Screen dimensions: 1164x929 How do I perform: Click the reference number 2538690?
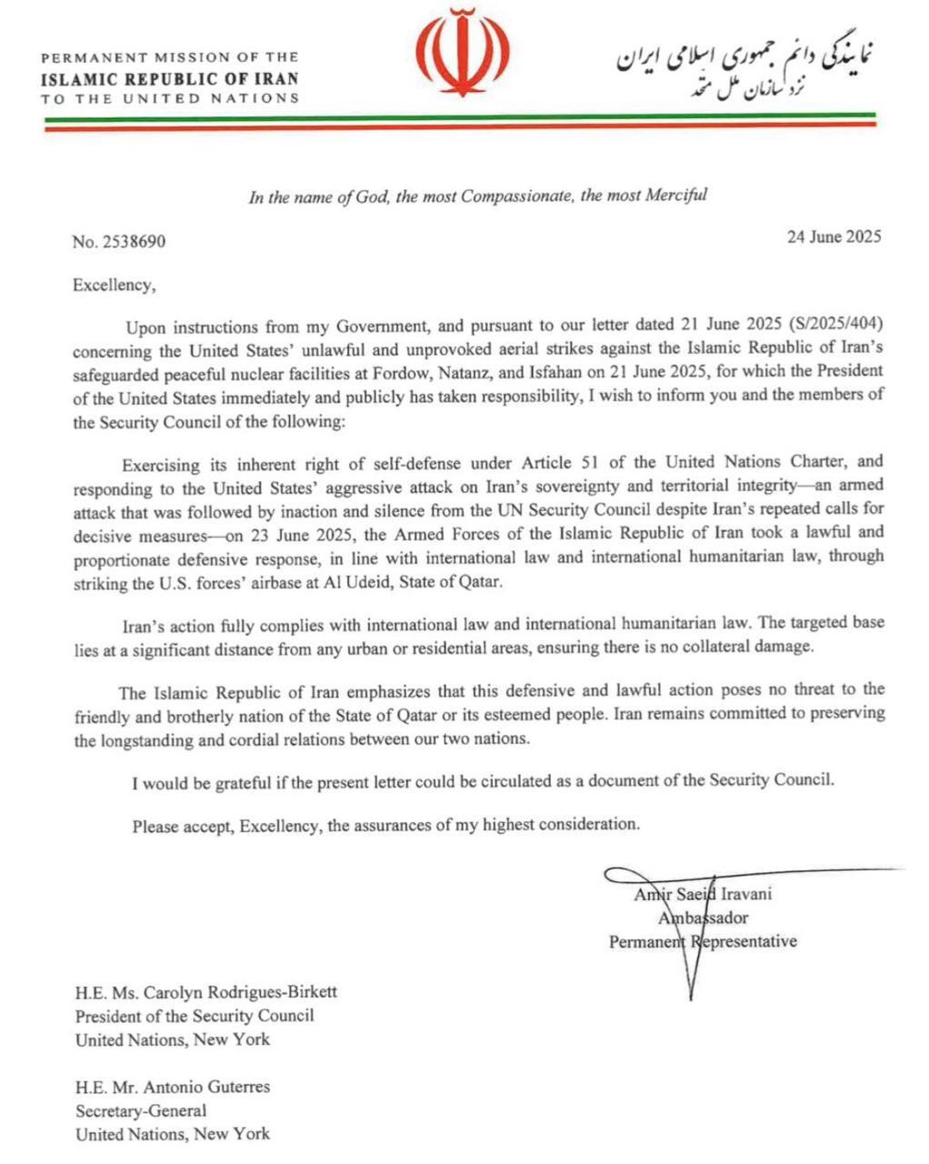point(134,242)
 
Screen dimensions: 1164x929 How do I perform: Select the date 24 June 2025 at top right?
point(834,237)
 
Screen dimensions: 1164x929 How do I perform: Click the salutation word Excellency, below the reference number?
point(115,286)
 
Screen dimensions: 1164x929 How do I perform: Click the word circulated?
point(475,780)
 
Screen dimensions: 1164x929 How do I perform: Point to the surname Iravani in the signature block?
point(746,893)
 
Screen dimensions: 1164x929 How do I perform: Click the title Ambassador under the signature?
point(704,918)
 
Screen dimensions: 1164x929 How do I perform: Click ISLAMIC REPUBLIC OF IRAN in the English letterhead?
point(169,78)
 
